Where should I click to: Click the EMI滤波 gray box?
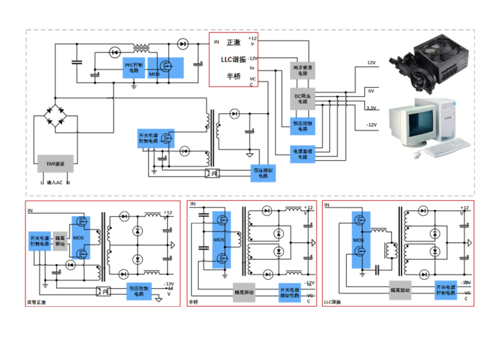point(55,164)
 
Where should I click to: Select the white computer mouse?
point(417,155)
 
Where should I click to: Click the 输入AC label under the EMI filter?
point(55,183)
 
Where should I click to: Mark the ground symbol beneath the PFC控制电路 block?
point(134,85)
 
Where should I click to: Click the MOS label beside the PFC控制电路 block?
point(154,75)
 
